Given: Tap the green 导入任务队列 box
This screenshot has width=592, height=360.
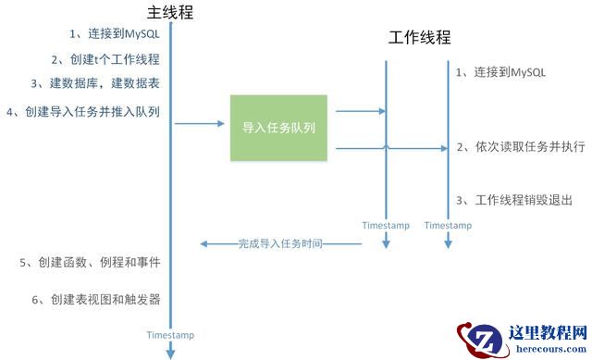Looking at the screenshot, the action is [x=277, y=127].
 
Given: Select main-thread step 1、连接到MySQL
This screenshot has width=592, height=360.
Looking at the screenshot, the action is [x=116, y=34].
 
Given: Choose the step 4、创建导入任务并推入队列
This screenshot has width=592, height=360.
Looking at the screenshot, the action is [x=83, y=112].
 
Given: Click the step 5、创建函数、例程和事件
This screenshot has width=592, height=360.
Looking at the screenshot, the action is [x=90, y=263].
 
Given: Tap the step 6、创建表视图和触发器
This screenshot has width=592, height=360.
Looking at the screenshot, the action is [x=96, y=299].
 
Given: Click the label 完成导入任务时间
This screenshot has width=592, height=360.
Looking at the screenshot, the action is [x=281, y=244].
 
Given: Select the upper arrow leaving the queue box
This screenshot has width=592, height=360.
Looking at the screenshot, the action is [x=359, y=112].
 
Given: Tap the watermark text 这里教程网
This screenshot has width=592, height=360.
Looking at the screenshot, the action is [x=548, y=332].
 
